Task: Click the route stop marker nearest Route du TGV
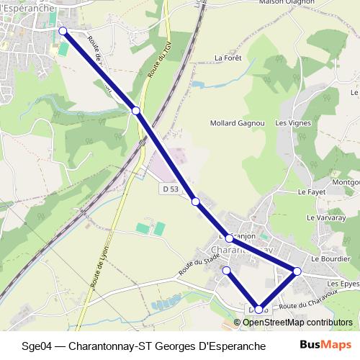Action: [136, 110]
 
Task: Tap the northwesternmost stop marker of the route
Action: [63, 31]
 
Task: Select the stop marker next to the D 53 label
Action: [195, 202]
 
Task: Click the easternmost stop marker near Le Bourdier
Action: [297, 271]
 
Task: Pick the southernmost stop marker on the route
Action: [259, 310]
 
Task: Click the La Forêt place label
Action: [228, 58]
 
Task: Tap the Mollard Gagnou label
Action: [237, 123]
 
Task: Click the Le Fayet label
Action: [312, 193]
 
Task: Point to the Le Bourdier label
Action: [330, 258]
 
